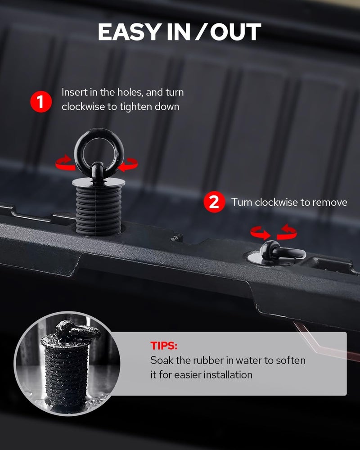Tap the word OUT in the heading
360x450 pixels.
click(235, 31)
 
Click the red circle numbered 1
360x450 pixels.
click(41, 102)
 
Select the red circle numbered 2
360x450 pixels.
click(214, 202)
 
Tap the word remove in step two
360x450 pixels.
click(329, 202)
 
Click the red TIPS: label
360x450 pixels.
click(164, 346)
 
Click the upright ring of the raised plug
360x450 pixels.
click(99, 153)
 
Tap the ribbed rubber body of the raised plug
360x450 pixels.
click(99, 210)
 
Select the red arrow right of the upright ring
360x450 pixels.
click(129, 165)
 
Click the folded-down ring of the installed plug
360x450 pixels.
click(285, 251)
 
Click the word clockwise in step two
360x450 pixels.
click(276, 202)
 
